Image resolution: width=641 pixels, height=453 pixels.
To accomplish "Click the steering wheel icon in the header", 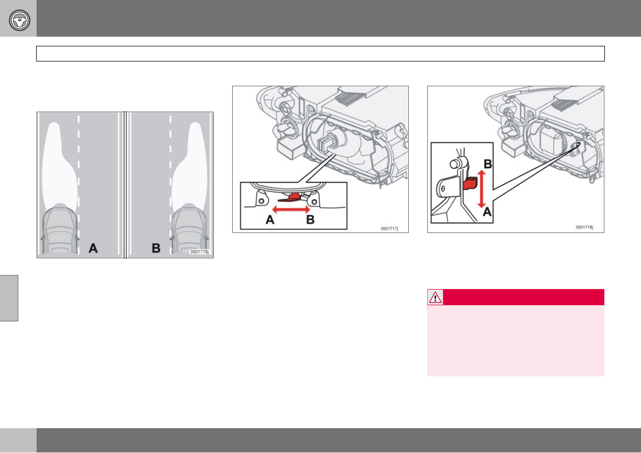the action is click(x=19, y=20).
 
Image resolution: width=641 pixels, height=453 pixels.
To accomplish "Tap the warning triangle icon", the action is click(x=435, y=297).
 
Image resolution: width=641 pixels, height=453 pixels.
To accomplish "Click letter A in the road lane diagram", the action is click(x=93, y=248).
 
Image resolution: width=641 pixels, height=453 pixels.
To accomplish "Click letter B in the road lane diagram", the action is click(x=156, y=248).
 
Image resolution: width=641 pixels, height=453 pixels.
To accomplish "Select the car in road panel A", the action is click(x=60, y=230).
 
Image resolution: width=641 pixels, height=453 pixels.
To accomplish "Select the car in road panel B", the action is click(x=189, y=230).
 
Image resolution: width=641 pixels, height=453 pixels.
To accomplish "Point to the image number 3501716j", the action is click(x=199, y=252).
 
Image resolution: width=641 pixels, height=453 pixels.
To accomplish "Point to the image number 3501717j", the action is click(x=389, y=229).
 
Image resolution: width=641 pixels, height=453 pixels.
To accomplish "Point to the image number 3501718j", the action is click(x=584, y=227).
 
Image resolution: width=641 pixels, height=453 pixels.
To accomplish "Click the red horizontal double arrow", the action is click(x=291, y=210).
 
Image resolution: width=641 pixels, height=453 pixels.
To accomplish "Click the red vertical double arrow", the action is click(x=482, y=189).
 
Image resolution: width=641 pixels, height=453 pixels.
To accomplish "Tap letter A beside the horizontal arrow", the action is click(x=270, y=219).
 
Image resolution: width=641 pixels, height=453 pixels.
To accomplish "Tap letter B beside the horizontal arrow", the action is click(x=310, y=219).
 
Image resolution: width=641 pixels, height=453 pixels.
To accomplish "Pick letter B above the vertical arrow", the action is click(x=487, y=164).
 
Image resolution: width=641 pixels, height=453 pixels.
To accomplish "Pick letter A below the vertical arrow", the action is click(x=487, y=212).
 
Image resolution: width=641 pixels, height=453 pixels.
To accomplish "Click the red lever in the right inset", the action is click(x=470, y=183).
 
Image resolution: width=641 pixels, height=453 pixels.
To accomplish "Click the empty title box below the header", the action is click(x=320, y=53).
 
